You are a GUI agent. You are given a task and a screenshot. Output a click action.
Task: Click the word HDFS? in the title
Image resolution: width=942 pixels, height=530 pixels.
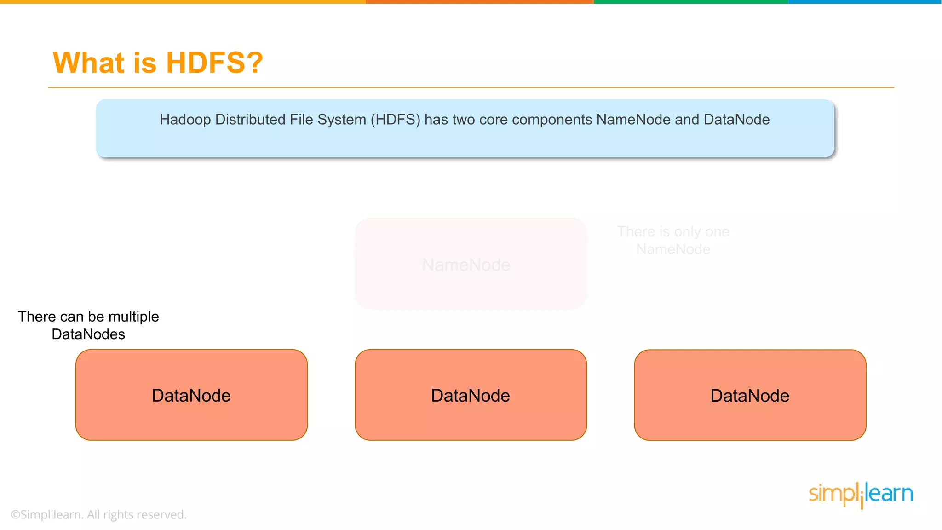click(214, 63)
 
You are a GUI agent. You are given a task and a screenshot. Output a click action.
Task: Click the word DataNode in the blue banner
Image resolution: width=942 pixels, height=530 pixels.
click(736, 120)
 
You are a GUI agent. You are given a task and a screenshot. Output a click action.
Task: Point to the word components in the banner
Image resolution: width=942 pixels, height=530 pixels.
click(551, 120)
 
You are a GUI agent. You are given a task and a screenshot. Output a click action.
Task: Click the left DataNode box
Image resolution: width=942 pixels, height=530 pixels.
click(191, 395)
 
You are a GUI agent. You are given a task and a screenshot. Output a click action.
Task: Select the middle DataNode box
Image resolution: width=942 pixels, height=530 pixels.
click(471, 395)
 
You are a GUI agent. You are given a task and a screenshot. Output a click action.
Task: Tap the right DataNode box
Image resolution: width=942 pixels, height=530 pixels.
click(750, 395)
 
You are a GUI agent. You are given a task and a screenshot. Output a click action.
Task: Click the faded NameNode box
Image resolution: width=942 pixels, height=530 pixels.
click(471, 264)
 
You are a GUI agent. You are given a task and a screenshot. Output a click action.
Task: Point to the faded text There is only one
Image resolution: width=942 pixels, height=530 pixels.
click(673, 231)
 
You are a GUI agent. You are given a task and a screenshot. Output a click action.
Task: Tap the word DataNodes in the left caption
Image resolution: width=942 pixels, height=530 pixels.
click(88, 334)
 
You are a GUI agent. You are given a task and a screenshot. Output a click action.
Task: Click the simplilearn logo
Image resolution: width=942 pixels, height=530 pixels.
click(861, 495)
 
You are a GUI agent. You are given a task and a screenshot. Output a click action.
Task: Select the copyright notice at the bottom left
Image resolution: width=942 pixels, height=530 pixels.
click(98, 514)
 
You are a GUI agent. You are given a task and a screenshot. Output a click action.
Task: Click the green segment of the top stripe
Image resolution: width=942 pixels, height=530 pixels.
click(690, 2)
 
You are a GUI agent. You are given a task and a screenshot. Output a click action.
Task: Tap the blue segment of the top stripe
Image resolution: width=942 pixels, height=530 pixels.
click(865, 2)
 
